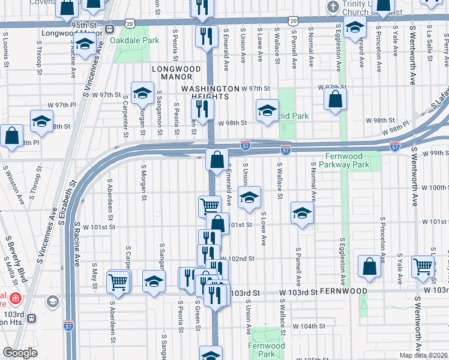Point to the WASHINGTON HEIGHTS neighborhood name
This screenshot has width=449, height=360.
205,92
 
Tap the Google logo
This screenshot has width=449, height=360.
20,353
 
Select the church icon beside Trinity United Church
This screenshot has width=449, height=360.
333,7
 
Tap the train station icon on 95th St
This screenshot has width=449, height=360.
109,29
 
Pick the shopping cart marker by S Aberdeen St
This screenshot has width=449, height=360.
118,280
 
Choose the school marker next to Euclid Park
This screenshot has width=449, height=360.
267,110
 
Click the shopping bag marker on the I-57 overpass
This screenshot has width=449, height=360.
217,160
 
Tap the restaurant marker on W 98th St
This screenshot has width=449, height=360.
202,109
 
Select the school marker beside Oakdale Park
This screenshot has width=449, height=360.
85,44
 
